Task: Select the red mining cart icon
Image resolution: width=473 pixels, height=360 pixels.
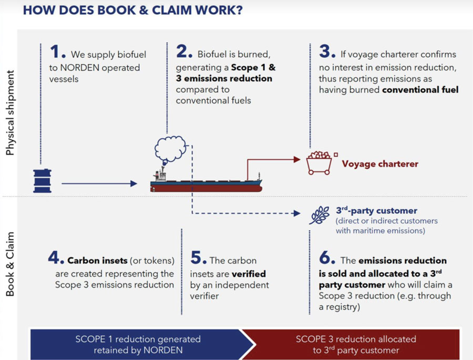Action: click(319, 163)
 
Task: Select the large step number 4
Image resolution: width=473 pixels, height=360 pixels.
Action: click(56, 258)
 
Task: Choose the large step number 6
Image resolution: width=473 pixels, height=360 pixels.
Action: click(326, 258)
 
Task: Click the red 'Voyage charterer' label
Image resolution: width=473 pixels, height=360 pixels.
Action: click(380, 164)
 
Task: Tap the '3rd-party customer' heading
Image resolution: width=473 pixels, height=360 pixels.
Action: click(376, 211)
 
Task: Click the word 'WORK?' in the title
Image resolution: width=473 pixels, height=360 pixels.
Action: click(217, 11)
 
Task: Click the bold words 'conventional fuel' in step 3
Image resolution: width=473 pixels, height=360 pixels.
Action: click(420, 90)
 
